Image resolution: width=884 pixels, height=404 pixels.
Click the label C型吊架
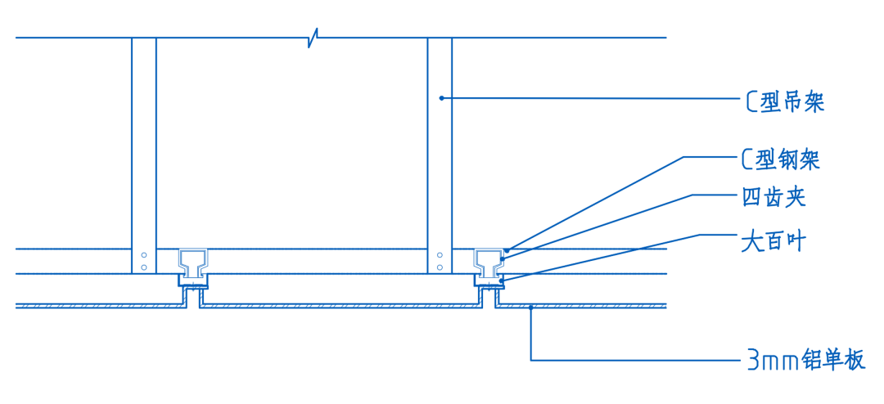[784, 102]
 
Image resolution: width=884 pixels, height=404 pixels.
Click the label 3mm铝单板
[805, 360]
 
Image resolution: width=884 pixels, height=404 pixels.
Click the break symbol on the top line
[313, 38]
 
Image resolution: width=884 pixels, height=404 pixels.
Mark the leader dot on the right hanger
[441, 98]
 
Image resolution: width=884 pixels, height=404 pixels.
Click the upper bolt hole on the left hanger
[144, 254]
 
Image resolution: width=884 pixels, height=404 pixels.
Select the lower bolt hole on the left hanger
[144, 267]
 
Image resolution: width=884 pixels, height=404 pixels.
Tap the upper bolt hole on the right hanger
[440, 254]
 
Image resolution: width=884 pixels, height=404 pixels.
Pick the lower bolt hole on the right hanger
[440, 267]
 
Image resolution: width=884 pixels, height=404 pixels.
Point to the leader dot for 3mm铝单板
[531, 307]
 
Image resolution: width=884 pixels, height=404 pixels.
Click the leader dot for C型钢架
[507, 249]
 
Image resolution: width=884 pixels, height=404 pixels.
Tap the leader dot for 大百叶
[501, 281]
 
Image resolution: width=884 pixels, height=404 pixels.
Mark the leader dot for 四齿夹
[502, 259]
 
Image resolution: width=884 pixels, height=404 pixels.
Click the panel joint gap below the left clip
[193, 299]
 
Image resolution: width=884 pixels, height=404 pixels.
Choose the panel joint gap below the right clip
[489, 299]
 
